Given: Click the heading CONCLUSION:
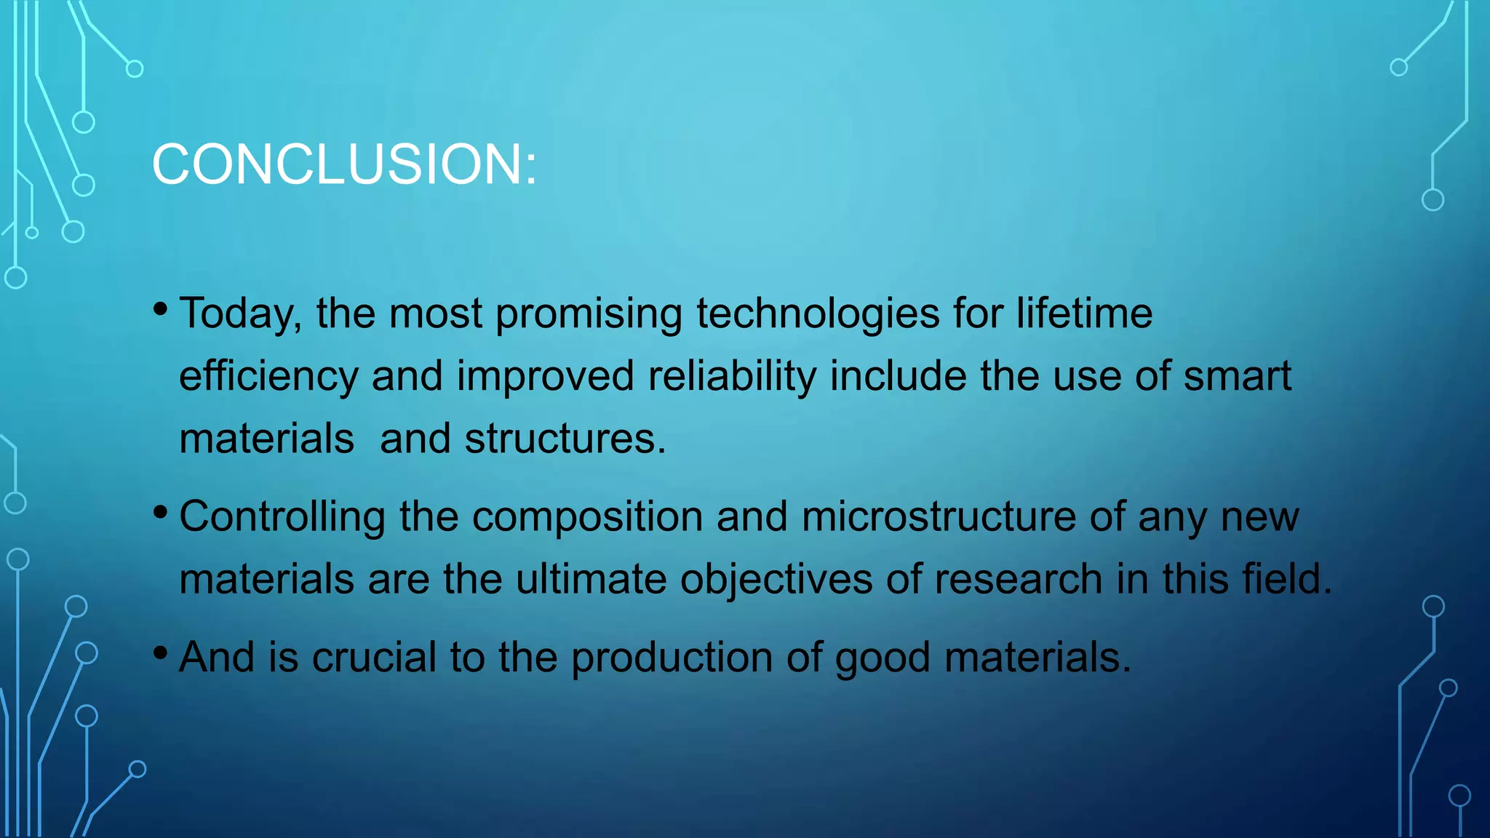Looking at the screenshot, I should (344, 164).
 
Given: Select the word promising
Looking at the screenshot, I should (589, 314).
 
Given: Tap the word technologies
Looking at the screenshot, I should (818, 314).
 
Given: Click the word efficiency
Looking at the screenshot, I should (268, 377).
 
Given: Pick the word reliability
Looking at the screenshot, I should (732, 377).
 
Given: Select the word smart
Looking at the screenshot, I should (1238, 377).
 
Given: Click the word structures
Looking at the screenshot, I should (565, 439).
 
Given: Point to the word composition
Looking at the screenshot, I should (587, 517).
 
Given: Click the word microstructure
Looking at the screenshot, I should (939, 517).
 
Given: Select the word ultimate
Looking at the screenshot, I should (591, 580).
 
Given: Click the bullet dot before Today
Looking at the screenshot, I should (161, 310).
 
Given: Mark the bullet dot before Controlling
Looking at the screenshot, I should (161, 513).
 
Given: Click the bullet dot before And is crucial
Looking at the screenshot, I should (161, 653).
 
